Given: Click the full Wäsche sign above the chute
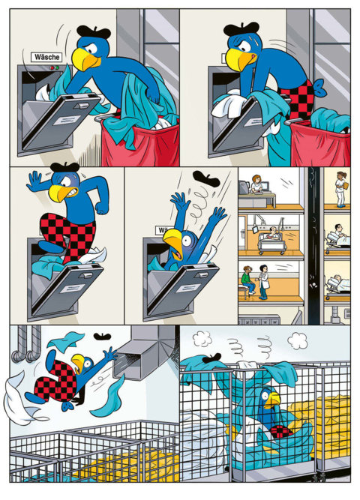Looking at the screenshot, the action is pos(46,57).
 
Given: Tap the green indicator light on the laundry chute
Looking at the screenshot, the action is pos(57,67).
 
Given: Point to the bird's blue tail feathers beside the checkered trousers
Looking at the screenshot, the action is pos(319,88).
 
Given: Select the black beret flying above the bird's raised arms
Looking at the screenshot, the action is pos(206,178).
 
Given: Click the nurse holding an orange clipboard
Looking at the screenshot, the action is pos(340,188).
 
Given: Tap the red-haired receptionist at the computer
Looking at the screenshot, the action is pos(257,184).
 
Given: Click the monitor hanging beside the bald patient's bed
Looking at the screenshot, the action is pos(255,229).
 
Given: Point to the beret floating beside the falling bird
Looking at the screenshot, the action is pos(102,336).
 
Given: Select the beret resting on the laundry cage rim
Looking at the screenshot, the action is pos(211,358).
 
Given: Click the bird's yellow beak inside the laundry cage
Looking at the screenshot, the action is pos(273,400).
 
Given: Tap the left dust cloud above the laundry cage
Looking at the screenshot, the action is pos(202,339).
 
